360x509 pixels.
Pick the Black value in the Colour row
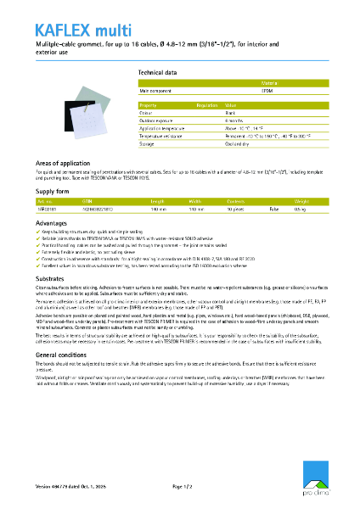point(231,112)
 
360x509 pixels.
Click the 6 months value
point(234,120)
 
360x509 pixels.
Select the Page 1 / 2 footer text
point(184,486)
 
